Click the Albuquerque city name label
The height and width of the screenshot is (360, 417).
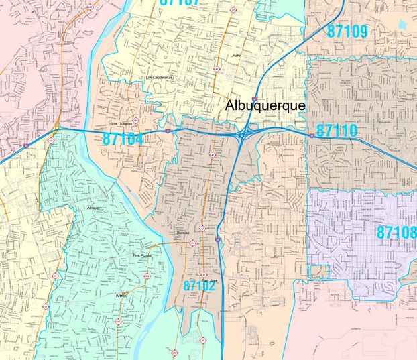click(x=265, y=106)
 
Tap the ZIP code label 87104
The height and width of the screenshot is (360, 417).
click(x=123, y=139)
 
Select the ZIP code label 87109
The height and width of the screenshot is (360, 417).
click(x=347, y=31)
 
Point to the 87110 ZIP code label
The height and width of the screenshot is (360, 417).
click(x=337, y=131)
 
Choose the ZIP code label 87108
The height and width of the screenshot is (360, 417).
click(x=396, y=233)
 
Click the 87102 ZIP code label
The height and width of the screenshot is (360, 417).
click(x=200, y=286)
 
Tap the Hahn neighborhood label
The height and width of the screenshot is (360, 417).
click(x=236, y=56)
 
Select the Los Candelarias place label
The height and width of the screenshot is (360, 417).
click(x=160, y=78)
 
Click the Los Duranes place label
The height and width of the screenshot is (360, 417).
click(x=121, y=124)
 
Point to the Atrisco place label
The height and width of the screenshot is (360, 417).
click(x=93, y=208)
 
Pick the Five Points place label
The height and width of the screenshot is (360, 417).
click(x=142, y=255)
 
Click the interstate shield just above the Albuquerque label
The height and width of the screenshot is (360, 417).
click(x=254, y=99)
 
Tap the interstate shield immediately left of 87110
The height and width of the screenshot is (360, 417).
click(x=312, y=135)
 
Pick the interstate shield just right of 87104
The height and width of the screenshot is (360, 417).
click(x=168, y=131)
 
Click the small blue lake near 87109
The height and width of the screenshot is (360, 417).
click(x=402, y=24)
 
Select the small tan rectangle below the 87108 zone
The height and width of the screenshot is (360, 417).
click(x=320, y=271)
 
